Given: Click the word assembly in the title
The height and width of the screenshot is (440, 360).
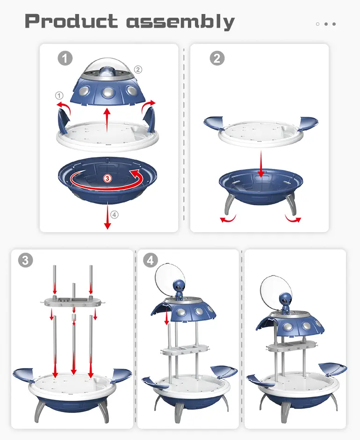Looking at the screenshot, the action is pos(180,22).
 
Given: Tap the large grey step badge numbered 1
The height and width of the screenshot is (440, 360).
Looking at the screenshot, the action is pos(65,58).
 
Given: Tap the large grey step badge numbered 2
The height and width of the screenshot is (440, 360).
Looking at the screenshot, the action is pos(217,58).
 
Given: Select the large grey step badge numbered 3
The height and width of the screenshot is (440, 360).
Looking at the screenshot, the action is pos(26,260).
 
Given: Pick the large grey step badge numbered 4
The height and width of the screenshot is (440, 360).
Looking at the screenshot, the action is pos(151,260).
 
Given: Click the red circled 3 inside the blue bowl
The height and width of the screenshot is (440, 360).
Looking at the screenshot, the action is pos(107,178).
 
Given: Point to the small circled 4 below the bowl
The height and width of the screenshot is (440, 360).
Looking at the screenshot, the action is pos(114,215).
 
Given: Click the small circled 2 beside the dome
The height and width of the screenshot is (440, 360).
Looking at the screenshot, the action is pos(138,69).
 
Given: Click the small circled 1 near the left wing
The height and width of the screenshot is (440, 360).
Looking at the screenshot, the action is pos(59,96).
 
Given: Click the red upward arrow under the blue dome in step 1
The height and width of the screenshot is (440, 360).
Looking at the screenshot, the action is pos(107,120).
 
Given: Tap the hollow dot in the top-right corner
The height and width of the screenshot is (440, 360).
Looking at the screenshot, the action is pos(317,24).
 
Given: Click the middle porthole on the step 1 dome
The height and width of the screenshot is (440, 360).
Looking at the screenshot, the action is pos(108,92).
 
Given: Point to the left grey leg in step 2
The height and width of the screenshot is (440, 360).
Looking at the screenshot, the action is pos(229,204).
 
